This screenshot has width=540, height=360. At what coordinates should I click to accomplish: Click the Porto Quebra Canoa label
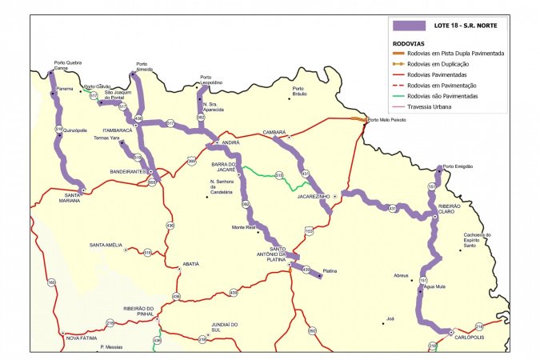tap(67, 66)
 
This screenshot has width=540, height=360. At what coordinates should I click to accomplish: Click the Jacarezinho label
tap(314, 195)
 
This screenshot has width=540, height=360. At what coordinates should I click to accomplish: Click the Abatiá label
tap(190, 263)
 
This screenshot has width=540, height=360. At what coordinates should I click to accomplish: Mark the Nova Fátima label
tap(81, 338)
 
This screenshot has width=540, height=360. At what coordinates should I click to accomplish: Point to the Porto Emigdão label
tap(458, 166)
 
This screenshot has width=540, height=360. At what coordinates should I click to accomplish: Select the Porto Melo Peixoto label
tap(387, 120)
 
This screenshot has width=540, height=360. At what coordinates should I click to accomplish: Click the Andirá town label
tap(230, 142)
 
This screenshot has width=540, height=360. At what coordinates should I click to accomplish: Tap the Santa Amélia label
tap(106, 245)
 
